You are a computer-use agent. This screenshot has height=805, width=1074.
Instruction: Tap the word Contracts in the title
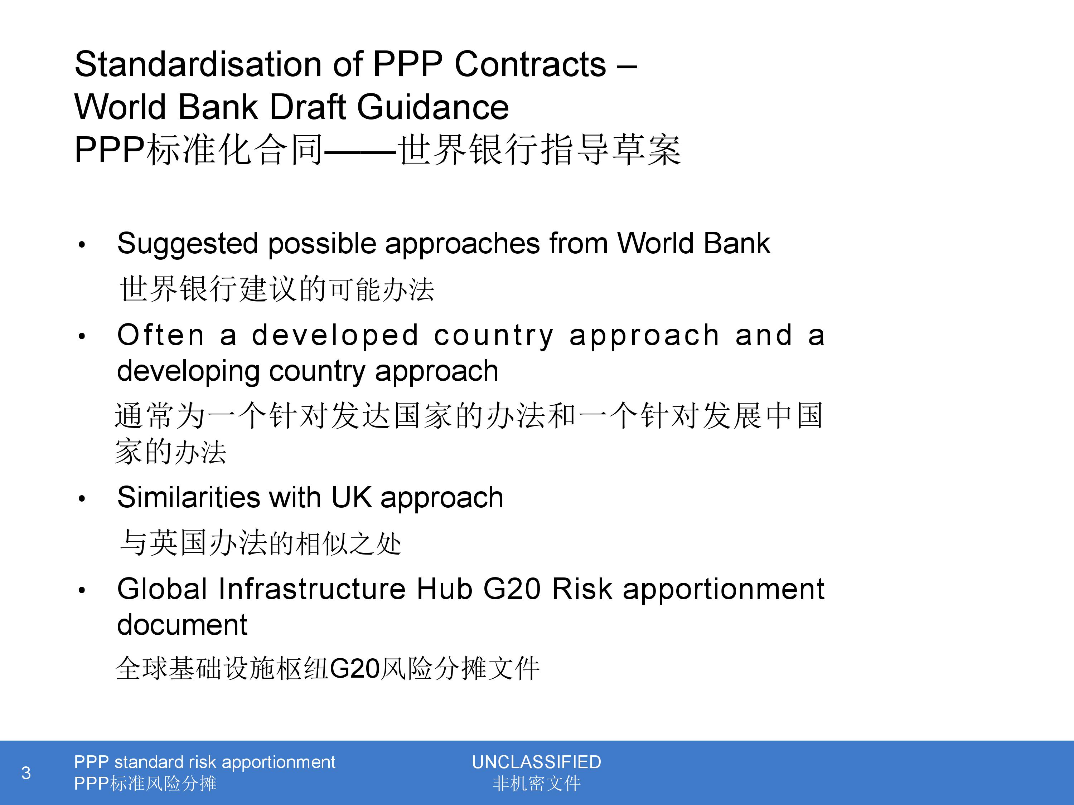coord(530,64)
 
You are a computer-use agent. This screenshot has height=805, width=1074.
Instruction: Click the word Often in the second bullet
coord(161,335)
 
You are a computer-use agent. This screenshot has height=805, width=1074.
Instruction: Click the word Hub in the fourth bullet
coord(444,589)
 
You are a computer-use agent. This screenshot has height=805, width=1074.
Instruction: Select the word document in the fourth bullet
coord(182,624)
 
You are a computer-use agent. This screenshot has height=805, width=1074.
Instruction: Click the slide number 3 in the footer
coord(26,773)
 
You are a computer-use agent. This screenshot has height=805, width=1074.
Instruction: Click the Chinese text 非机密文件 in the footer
coord(537,784)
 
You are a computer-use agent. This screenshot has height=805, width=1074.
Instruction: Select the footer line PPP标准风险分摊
coord(145,784)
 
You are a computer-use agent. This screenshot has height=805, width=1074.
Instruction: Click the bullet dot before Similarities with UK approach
coord(82,499)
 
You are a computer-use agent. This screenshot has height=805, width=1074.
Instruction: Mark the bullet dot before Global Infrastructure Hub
coord(82,591)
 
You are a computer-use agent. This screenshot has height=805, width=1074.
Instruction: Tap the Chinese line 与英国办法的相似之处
coord(260,542)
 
